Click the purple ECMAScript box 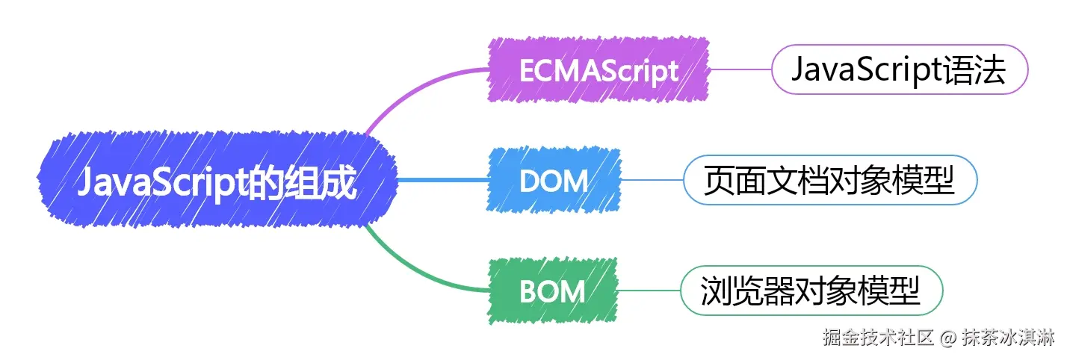tap(599, 70)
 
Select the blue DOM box tap(554, 180)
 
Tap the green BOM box tap(552, 291)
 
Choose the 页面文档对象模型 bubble tap(829, 180)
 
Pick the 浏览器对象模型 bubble tap(811, 291)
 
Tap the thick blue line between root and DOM tap(441, 180)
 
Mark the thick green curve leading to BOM tap(418, 273)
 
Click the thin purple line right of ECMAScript tap(740, 70)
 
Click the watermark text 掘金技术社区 tap(879, 338)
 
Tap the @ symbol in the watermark tap(947, 338)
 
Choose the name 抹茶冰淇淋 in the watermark tap(1007, 338)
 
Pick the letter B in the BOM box tap(528, 291)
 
